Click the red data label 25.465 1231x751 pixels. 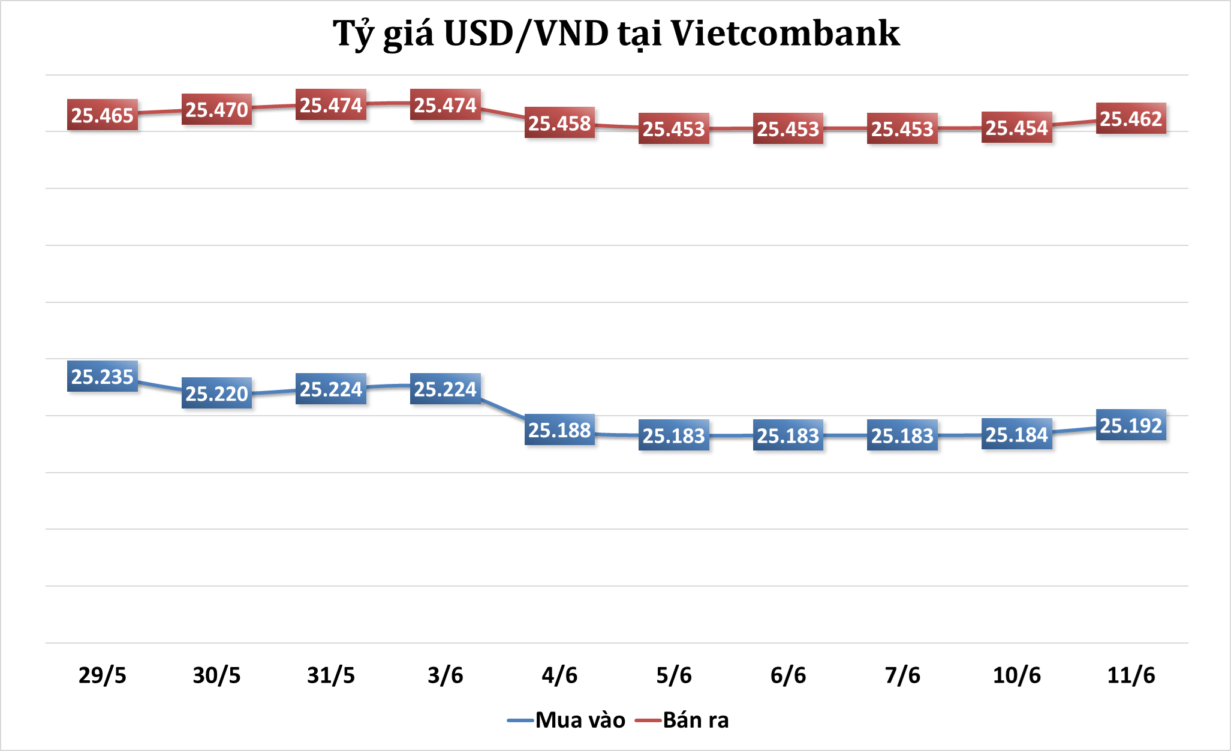[x=102, y=115]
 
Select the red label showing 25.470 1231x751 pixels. [x=216, y=110]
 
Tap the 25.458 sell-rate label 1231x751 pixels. [x=559, y=123]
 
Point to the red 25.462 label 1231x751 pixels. [x=1131, y=118]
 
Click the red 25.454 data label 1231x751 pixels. [x=1016, y=128]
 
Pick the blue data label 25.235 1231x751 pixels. [x=102, y=376]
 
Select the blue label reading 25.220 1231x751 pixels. [x=216, y=393]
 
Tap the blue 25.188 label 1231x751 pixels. [x=559, y=429]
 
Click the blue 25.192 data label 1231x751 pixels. [x=1131, y=425]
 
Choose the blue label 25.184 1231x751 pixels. [x=1016, y=434]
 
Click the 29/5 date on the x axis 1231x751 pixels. [x=103, y=675]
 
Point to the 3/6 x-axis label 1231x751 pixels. [x=446, y=675]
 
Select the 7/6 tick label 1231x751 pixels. [x=902, y=675]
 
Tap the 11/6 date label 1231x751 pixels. [x=1131, y=675]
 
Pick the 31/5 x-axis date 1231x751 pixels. [x=331, y=675]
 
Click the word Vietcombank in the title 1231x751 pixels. [x=785, y=34]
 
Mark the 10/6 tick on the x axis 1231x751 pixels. [x=1017, y=675]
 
